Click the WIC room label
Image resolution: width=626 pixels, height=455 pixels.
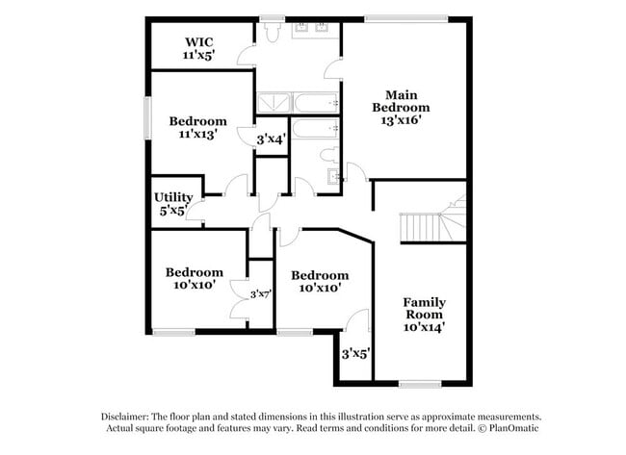coord(198,41)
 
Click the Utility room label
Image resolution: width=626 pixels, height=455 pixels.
coord(174,197)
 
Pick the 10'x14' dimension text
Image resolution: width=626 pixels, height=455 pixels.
coord(424,327)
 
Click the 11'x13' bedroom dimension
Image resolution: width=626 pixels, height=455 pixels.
coord(197,135)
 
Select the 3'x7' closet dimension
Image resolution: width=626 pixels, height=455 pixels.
coord(260,293)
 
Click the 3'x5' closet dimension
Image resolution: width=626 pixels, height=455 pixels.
coord(355,354)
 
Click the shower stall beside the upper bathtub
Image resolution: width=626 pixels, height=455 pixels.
coord(273,103)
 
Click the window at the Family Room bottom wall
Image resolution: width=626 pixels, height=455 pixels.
coord(420,384)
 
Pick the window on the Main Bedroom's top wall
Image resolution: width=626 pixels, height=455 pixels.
coord(404,17)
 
